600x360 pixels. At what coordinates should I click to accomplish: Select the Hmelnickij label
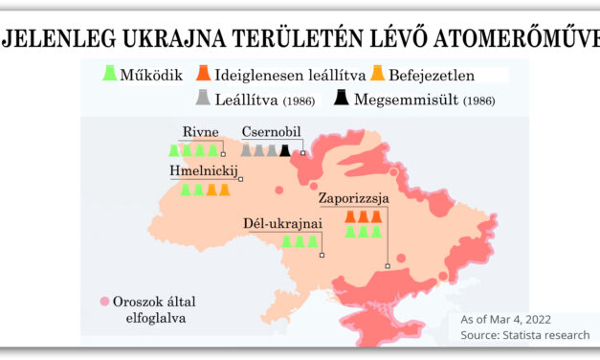[202, 170]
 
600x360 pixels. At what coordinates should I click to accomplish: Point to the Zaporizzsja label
[354, 199]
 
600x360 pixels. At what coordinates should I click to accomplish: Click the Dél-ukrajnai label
[282, 224]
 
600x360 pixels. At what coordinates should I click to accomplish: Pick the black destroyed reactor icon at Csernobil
[284, 150]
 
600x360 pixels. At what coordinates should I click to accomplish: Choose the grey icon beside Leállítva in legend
[202, 97]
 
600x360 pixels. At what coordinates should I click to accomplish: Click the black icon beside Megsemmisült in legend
[342, 97]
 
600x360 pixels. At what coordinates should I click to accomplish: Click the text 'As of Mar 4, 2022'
[505, 319]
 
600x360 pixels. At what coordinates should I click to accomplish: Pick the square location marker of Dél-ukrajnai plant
[323, 255]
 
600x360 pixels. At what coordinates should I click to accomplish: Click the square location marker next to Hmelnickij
[241, 179]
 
